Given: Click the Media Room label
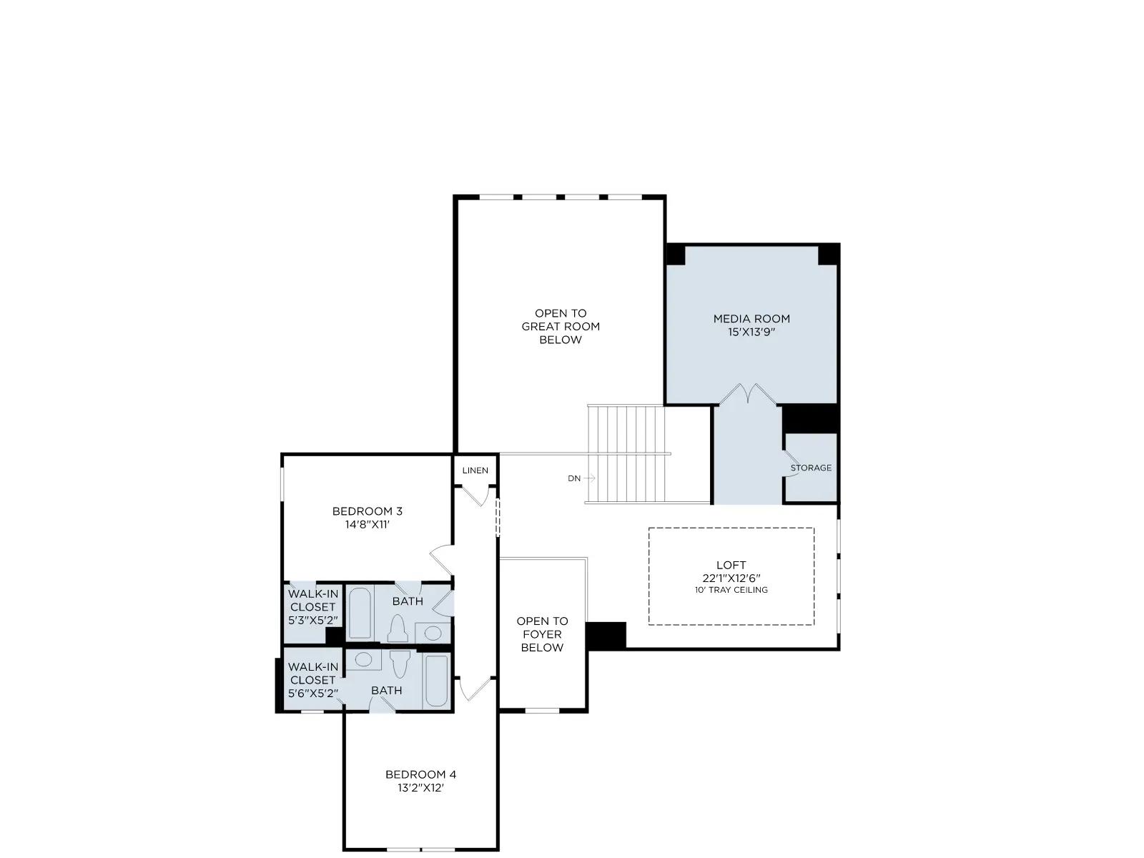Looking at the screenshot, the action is click(x=751, y=319).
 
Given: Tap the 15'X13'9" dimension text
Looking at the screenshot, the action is click(x=751, y=332).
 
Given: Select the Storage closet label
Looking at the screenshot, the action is click(x=810, y=468).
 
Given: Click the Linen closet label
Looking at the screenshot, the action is click(x=475, y=470).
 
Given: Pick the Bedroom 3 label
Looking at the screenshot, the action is click(x=368, y=511).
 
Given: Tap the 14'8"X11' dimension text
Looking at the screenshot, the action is click(x=368, y=524).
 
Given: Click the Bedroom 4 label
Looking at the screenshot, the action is click(x=420, y=774).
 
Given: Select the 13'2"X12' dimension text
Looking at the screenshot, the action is click(x=420, y=788).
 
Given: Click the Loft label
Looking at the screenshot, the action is click(x=731, y=565).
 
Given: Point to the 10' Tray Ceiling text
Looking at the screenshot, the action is click(x=731, y=590).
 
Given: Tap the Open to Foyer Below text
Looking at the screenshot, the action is click(x=542, y=634).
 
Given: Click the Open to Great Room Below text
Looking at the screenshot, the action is click(x=561, y=327).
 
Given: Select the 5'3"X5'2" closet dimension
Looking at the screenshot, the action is click(x=313, y=621).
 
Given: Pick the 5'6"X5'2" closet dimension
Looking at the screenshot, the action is click(x=313, y=694).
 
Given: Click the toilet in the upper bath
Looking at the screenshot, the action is click(x=398, y=628).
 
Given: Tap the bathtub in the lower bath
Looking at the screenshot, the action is click(x=436, y=681).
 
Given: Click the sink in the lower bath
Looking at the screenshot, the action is click(x=363, y=660).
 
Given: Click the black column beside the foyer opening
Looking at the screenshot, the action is click(x=606, y=636).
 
